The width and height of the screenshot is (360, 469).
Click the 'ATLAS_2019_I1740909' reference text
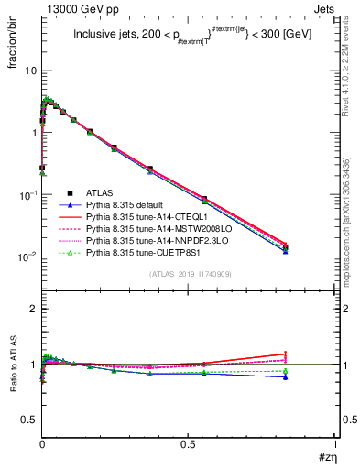188,275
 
